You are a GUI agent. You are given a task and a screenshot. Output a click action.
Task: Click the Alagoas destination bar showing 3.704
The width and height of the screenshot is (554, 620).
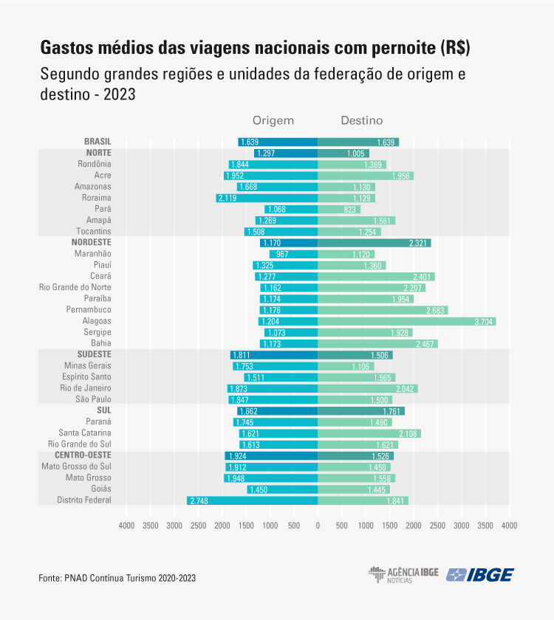click(406, 321)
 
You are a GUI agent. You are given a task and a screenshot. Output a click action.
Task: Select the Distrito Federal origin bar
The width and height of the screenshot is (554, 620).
click(252, 500)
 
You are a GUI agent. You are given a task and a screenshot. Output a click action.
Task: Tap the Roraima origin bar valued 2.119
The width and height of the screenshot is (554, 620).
click(267, 198)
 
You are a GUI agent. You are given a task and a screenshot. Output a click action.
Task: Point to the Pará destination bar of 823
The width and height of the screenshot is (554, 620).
click(339, 209)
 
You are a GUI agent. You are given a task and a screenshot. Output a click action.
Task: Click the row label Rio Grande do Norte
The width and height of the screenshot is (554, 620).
click(75, 287)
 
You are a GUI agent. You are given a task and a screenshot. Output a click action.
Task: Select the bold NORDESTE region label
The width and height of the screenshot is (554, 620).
click(92, 242)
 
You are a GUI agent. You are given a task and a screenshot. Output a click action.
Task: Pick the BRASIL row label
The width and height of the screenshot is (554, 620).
click(98, 142)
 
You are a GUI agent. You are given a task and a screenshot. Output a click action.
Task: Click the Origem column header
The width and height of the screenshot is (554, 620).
click(273, 120)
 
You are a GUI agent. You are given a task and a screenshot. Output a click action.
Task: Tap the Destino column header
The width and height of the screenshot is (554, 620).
click(361, 120)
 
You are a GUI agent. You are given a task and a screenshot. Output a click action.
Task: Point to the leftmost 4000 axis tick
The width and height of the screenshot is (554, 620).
click(126, 526)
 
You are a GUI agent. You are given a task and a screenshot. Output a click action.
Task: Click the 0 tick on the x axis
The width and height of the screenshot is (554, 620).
click(318, 526)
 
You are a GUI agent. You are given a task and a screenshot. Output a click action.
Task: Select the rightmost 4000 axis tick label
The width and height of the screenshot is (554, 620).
click(509, 526)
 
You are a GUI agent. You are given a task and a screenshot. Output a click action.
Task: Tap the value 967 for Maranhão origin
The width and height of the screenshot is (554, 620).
click(282, 254)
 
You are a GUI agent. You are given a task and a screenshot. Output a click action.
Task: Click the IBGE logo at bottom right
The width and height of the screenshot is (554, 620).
click(480, 574)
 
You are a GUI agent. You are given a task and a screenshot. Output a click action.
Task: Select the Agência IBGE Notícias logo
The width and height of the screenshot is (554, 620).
click(403, 574)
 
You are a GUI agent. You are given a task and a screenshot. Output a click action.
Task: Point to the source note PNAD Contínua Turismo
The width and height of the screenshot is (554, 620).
click(117, 578)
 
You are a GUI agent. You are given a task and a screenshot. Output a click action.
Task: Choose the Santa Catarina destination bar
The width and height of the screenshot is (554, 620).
click(369, 433)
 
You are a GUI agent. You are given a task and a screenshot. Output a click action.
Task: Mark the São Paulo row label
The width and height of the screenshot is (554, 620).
click(93, 399)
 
